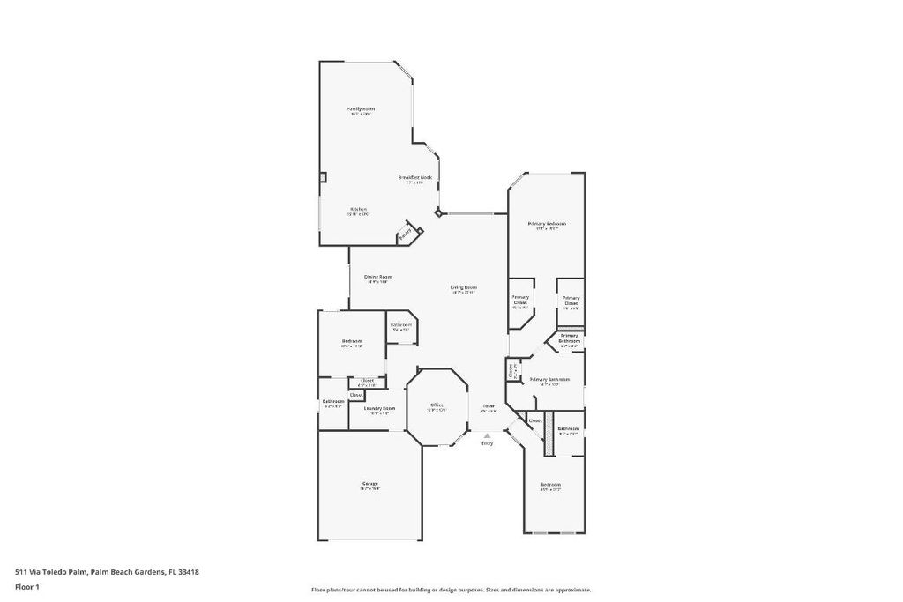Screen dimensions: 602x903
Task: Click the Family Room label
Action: pos(361,108)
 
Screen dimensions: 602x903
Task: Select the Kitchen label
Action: pos(358,209)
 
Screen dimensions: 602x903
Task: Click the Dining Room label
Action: pos(378,277)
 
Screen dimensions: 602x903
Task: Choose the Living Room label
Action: pos(464,287)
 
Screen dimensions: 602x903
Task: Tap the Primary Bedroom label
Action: pos(547,224)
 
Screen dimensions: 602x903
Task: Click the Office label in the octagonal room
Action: pos(437,405)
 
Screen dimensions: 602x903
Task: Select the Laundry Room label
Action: pos(379,408)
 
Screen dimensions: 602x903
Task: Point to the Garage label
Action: pos(369,483)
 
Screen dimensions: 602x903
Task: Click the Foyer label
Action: pos(488,407)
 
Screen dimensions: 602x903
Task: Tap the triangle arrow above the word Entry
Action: pos(487,435)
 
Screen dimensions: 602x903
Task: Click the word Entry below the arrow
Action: pos(487,442)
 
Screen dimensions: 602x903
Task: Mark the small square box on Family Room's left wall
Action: pos(323,176)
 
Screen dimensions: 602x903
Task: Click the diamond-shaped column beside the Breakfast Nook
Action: pos(438,212)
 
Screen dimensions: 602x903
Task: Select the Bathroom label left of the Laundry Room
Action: pos(332,402)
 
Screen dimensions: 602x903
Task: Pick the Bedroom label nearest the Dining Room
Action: pos(352,341)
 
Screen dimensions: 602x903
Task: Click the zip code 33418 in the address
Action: pos(189,572)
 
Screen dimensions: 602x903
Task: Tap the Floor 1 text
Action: pos(27,585)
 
